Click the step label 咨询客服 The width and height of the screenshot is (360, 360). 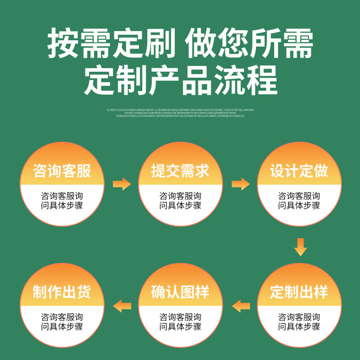click(x=62, y=171)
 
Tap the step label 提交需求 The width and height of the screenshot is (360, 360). click(x=180, y=171)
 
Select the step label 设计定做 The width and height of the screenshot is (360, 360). click(x=299, y=171)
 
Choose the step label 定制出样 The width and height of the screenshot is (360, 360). click(x=299, y=292)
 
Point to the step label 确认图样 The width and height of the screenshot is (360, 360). click(x=180, y=292)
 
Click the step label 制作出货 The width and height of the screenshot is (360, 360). click(x=62, y=292)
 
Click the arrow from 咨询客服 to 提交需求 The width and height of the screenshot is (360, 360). click(x=121, y=184)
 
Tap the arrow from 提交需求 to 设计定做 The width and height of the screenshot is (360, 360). click(x=240, y=184)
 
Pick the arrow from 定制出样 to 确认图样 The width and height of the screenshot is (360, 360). click(x=241, y=306)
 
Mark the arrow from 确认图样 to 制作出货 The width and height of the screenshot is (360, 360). click(x=122, y=306)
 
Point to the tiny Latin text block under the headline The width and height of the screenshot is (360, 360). click(x=180, y=112)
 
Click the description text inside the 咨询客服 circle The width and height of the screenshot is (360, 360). click(x=62, y=201)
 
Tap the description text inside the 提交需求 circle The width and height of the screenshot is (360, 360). click(x=180, y=201)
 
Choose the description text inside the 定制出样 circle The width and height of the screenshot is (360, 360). click(x=299, y=322)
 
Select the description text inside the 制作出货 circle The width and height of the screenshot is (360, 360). click(x=62, y=322)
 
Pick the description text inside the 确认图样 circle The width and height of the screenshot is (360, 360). click(x=180, y=322)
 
